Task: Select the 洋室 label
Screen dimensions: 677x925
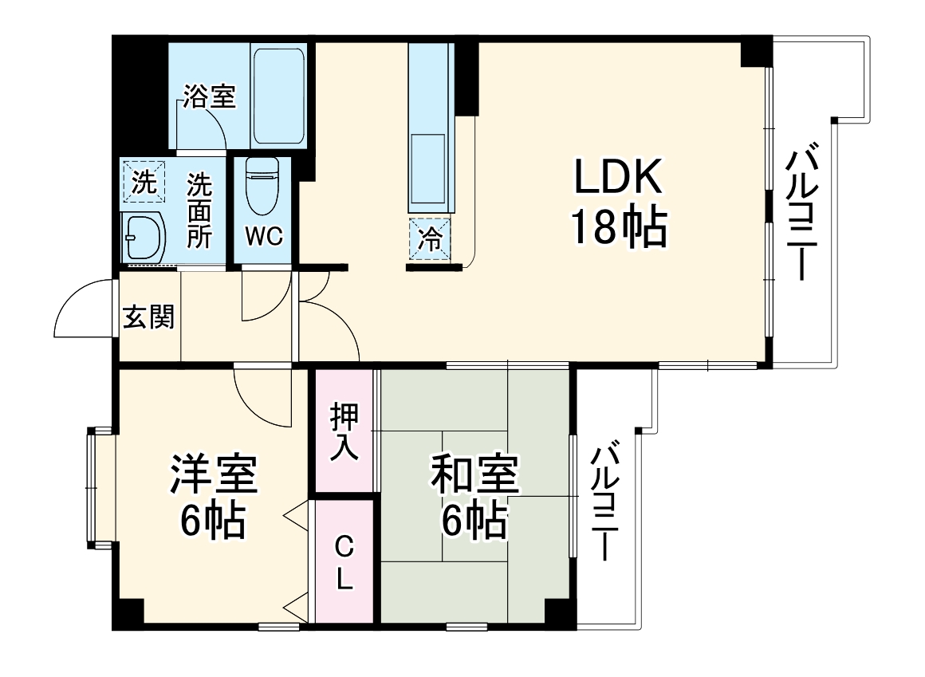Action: click(x=213, y=475)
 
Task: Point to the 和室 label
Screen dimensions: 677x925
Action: click(x=475, y=475)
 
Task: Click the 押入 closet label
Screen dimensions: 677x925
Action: click(x=344, y=431)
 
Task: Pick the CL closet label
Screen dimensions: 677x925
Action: click(x=344, y=562)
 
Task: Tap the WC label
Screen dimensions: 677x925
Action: click(x=264, y=237)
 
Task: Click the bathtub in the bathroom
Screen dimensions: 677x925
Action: click(x=278, y=95)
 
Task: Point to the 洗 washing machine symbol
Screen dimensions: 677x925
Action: click(x=143, y=183)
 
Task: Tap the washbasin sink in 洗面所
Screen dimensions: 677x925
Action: click(x=144, y=237)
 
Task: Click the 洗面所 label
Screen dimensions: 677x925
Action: click(x=199, y=211)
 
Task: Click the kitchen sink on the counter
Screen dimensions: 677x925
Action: click(x=427, y=170)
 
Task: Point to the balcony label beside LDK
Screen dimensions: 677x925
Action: click(x=805, y=212)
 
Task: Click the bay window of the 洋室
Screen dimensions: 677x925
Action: click(x=100, y=488)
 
